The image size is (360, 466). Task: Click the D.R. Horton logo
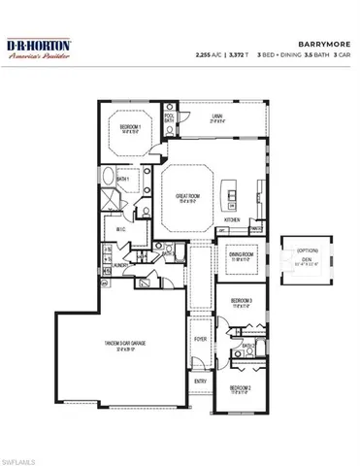41,50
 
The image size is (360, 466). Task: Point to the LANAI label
218,117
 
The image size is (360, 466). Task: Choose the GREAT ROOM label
188,197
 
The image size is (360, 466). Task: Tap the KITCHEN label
233,220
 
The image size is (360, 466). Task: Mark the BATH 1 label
123,180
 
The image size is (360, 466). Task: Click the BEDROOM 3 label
242,302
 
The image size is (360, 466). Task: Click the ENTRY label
201,381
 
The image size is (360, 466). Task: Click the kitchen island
232,189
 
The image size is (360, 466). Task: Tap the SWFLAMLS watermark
22,455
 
